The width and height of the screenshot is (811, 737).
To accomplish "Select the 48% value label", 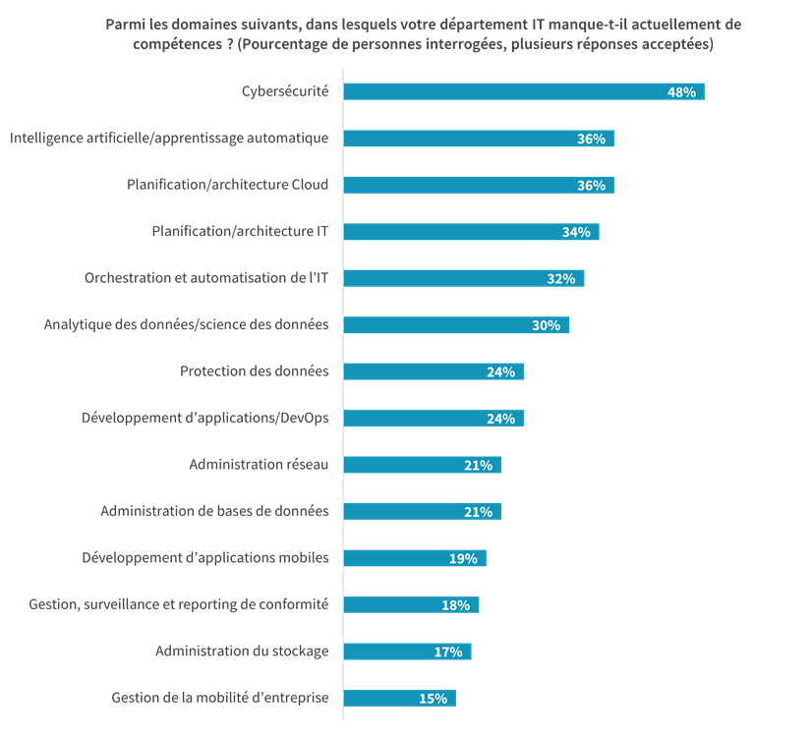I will (681, 91).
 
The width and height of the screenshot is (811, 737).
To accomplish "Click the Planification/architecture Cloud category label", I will (227, 185).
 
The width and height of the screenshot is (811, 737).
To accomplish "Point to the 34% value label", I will (575, 232).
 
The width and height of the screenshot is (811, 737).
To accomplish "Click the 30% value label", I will (546, 325).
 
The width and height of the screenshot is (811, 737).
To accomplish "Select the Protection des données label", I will (254, 371).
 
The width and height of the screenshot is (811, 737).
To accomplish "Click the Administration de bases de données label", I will (214, 511).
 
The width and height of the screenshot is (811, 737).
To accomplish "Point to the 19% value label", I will (463, 558).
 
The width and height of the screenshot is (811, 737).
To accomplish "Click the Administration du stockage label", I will (242, 652).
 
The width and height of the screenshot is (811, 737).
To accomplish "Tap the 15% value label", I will (433, 699).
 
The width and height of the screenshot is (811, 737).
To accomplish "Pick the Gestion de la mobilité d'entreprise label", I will (219, 699).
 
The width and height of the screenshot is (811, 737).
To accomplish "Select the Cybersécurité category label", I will (285, 91).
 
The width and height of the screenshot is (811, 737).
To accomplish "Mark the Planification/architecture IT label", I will (240, 232).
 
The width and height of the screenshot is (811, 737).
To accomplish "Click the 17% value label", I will (448, 652).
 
